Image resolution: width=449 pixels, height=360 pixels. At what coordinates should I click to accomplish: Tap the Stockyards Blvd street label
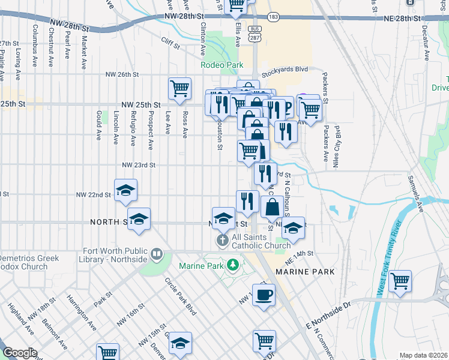(285, 69)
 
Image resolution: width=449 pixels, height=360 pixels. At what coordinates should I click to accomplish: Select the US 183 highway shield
(273, 18)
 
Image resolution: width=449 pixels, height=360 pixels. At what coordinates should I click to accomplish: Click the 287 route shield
(255, 37)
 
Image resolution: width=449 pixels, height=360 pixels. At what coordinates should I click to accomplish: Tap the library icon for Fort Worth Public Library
(157, 254)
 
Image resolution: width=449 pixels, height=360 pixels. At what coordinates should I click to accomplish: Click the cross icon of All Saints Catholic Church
(221, 241)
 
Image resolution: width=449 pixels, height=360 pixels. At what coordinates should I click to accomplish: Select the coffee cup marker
(264, 295)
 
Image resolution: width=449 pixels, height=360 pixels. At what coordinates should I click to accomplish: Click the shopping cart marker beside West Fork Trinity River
(400, 281)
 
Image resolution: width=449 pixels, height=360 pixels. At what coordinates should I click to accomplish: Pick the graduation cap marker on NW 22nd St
(125, 190)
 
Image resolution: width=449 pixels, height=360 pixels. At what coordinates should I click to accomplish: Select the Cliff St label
(171, 41)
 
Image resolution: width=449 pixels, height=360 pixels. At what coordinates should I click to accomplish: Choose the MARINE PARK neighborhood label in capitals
(304, 272)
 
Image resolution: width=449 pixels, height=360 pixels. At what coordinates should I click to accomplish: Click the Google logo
(20, 353)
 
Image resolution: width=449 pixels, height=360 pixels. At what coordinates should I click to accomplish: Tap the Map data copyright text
(423, 355)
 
